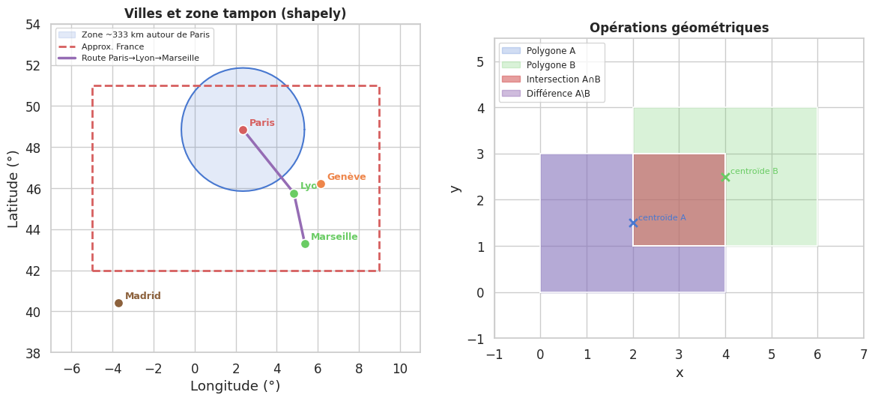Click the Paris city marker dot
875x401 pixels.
tap(243, 130)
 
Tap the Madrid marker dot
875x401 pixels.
tap(118, 303)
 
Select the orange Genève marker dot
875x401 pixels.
tap(321, 184)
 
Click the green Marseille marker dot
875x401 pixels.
tap(305, 244)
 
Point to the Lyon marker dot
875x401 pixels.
tap(294, 193)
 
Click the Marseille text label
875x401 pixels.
tap(334, 237)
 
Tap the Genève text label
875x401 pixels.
tap(346, 177)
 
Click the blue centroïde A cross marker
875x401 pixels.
tap(633, 223)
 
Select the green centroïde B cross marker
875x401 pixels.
tap(725, 177)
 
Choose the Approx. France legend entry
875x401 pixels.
tap(112, 46)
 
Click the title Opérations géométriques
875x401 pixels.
tap(679, 28)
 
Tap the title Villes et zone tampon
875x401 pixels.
tap(235, 13)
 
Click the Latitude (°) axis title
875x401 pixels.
tap(13, 189)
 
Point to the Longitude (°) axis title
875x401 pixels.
tap(235, 386)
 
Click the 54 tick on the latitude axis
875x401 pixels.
tap(33, 25)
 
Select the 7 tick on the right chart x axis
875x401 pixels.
tap(863, 354)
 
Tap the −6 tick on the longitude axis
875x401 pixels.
tap(71, 368)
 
